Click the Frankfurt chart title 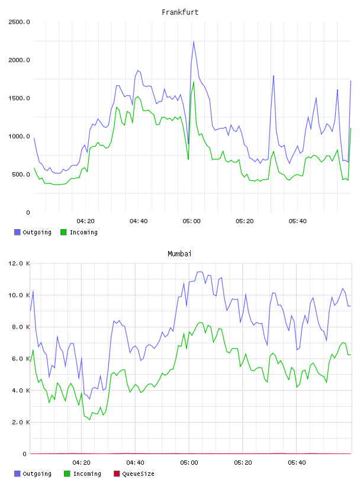point(180,12)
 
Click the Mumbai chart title point(179,254)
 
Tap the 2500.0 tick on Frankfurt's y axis point(19,22)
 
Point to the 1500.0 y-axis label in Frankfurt point(19,98)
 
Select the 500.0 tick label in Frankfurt point(21,175)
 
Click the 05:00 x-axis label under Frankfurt point(191,221)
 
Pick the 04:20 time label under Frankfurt point(85,221)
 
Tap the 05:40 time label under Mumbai point(297,463)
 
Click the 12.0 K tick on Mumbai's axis point(19,263)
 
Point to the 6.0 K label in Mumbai point(21,359)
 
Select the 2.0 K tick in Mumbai point(21,422)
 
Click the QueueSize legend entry point(134,474)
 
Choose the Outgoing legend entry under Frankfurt point(33,232)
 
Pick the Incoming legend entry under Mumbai point(82,474)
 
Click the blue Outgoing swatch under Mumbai point(17,474)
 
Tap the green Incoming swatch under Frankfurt point(63,232)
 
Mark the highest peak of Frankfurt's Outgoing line point(194,41)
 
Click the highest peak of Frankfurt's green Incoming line point(194,82)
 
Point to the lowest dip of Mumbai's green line point(89,420)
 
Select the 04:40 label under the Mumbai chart point(135,463)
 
